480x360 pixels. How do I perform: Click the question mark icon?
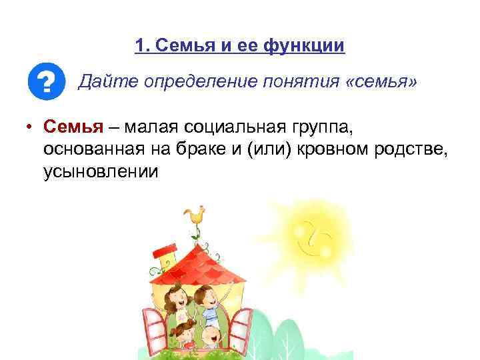click(46, 83)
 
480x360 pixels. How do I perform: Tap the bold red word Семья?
click(73, 126)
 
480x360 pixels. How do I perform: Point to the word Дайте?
click(101, 82)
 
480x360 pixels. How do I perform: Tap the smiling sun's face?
click(313, 238)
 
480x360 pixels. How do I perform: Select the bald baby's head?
click(213, 335)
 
